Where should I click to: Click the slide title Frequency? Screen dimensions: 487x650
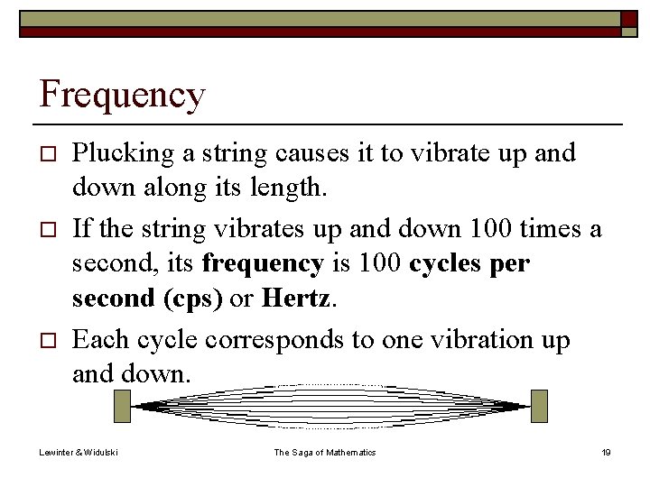tap(123, 95)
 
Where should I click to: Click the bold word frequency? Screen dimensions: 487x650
tap(263, 263)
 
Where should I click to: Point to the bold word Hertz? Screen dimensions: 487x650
tap(296, 299)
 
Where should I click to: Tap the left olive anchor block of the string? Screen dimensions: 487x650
tap(123, 406)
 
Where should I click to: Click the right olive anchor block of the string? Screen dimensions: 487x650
tap(539, 406)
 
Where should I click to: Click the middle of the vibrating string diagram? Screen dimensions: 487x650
tap(330, 406)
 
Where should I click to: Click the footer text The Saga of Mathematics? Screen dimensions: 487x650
tap(325, 452)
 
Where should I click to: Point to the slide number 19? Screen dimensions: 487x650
tap(606, 452)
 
